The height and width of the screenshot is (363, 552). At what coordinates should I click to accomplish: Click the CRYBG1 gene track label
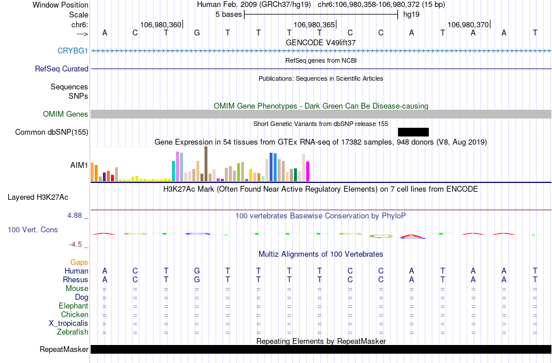click(x=73, y=51)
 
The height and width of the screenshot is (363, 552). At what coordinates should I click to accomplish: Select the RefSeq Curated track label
click(x=62, y=69)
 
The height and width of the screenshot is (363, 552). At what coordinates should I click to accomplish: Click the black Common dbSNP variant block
click(x=413, y=132)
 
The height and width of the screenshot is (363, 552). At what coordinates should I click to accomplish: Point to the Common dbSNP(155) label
click(x=52, y=132)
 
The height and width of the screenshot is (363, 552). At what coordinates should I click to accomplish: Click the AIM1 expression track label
click(x=79, y=165)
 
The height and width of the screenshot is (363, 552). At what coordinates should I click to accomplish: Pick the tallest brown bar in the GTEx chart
click(x=206, y=164)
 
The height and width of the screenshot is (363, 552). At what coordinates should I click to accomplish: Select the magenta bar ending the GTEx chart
click(x=308, y=171)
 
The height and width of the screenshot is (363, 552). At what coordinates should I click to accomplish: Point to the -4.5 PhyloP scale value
click(x=77, y=245)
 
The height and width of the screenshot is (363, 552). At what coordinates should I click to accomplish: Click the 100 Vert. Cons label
click(x=33, y=230)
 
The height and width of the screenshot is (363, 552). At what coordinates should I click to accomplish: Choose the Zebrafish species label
click(x=73, y=332)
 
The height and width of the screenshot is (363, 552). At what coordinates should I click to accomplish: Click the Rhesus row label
click(x=76, y=279)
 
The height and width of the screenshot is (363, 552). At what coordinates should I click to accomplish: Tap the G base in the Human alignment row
click(x=197, y=271)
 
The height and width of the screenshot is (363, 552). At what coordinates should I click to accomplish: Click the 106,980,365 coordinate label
click(x=314, y=24)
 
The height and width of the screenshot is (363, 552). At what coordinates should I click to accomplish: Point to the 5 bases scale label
click(x=227, y=14)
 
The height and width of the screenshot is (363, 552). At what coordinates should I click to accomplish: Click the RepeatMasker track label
click(x=64, y=350)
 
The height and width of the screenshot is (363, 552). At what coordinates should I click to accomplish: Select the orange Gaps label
click(x=80, y=263)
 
